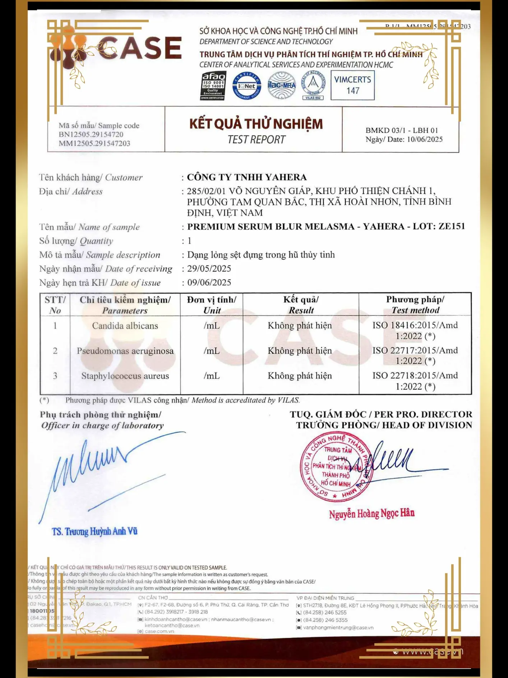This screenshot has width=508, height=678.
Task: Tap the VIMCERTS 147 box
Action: (352, 85)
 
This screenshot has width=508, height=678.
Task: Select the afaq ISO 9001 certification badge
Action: (213, 86)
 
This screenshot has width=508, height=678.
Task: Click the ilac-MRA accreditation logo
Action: (282, 86)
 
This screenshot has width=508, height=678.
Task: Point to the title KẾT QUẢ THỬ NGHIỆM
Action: (256, 124)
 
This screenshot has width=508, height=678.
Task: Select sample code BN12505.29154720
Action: (91, 135)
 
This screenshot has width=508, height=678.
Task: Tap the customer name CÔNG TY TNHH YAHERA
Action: (247, 177)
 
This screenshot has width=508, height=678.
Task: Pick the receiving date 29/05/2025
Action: (209, 269)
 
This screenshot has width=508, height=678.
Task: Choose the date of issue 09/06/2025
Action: (209, 283)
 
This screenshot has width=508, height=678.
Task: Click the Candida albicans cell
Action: (125, 326)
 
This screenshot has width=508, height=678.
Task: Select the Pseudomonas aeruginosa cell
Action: (125, 351)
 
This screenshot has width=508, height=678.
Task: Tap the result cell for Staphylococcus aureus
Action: (300, 376)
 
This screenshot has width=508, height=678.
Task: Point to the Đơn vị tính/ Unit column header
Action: (212, 305)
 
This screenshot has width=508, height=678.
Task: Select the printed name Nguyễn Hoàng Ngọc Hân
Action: (371, 514)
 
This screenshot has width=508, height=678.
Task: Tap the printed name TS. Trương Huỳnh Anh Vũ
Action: (94, 532)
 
